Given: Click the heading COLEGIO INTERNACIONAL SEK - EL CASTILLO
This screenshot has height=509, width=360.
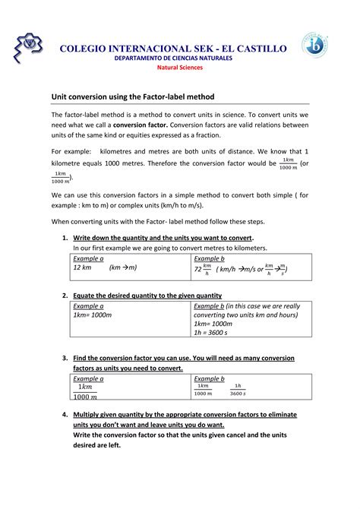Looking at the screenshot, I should [174, 49].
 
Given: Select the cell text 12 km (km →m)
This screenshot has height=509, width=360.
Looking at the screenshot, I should [105, 268].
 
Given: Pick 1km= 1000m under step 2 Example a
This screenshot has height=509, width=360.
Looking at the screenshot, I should [93, 315].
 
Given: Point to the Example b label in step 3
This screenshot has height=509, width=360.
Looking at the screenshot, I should [209, 378].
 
